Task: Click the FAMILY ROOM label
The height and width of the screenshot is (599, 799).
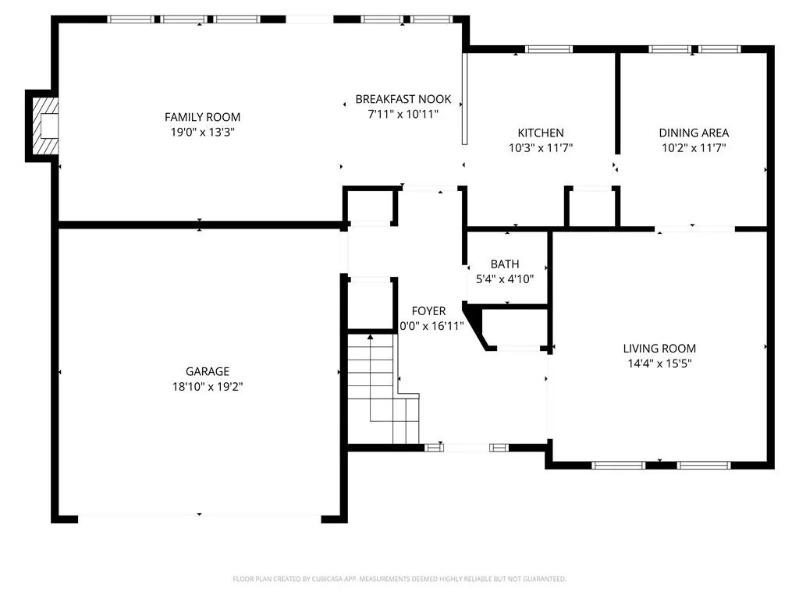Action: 202,117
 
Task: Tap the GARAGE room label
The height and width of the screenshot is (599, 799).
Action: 208,371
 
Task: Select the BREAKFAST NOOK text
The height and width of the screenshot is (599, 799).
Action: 403,99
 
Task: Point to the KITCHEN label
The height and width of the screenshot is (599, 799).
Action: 541,133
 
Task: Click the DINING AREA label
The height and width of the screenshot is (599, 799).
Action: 694,133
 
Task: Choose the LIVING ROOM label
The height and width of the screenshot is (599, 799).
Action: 659,349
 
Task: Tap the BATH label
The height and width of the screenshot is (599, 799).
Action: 505,264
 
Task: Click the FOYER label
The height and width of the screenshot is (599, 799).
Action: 428,310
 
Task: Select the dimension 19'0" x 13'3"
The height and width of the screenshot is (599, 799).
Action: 202,133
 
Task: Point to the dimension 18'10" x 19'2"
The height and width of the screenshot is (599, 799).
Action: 208,387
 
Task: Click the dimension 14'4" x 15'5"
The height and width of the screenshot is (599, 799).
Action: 659,363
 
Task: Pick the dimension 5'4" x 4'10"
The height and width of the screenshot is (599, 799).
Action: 505,279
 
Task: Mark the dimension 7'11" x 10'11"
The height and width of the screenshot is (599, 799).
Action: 403,114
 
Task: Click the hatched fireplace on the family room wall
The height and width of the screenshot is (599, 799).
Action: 44,126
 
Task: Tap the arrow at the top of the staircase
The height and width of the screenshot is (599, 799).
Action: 370,337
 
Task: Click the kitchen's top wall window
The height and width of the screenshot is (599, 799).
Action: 549,49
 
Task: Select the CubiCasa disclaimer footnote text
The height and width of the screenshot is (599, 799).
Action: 399,579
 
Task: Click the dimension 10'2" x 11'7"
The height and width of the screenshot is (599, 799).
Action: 694,148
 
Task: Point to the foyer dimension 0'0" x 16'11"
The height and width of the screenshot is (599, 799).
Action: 431,326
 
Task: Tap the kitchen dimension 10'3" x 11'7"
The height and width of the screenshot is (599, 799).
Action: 541,148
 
